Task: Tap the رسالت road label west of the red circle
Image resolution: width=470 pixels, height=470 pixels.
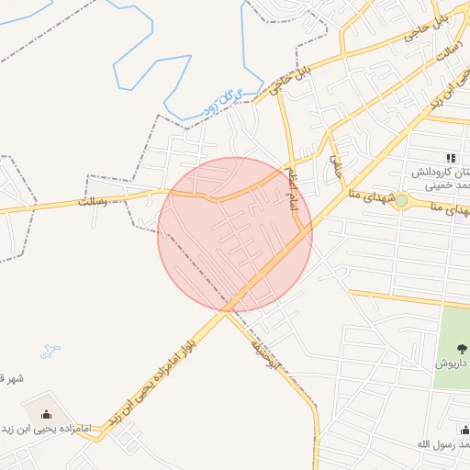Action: (x=95, y=199)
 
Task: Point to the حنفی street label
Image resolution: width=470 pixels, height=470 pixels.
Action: (x=336, y=165)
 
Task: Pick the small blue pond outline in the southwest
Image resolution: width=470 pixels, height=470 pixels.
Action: (x=50, y=351)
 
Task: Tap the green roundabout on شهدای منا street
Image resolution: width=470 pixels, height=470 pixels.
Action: (x=400, y=201)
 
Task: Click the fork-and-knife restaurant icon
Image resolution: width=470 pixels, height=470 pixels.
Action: (x=450, y=158)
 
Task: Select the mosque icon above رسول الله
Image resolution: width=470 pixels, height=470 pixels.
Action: (x=464, y=430)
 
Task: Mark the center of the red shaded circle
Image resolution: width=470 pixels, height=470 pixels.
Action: (x=235, y=235)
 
